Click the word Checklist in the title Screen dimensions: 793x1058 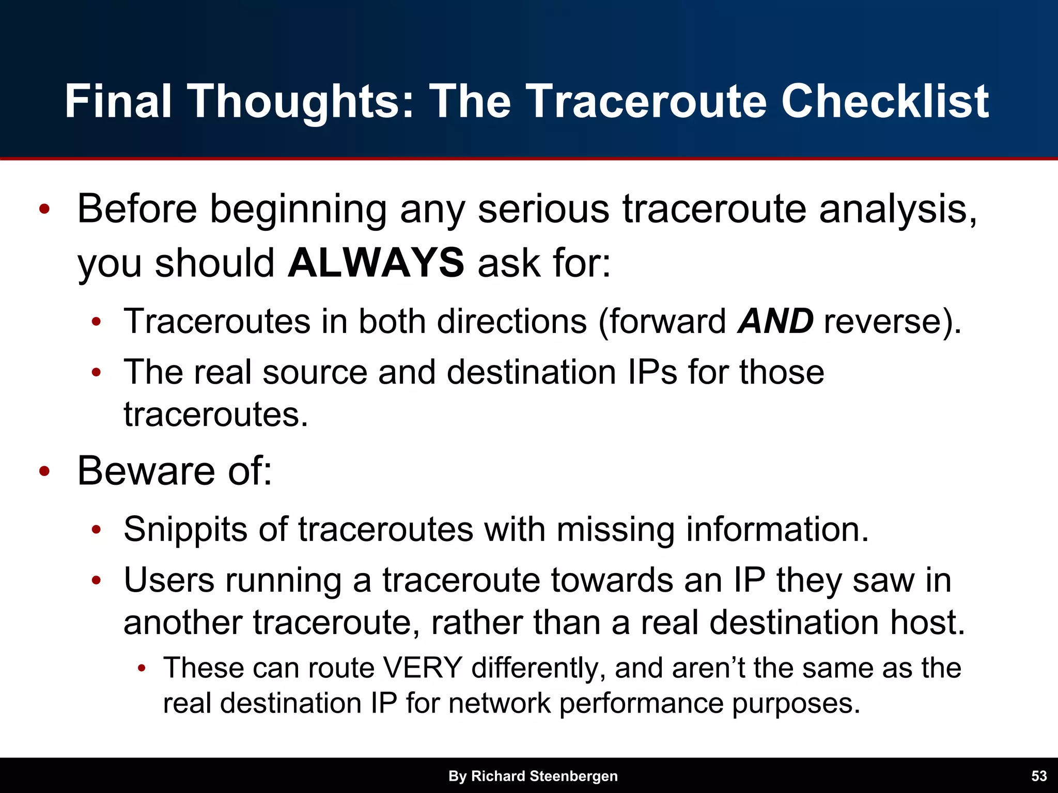click(x=884, y=101)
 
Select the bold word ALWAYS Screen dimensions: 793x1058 click(x=376, y=263)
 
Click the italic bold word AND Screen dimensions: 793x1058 click(x=775, y=321)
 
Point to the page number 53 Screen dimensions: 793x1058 click(x=1039, y=776)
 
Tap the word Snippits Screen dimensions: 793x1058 click(x=185, y=530)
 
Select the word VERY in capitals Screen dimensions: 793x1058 click(x=422, y=668)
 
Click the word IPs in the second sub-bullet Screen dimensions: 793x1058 click(x=652, y=372)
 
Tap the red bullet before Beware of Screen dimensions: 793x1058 click(x=44, y=471)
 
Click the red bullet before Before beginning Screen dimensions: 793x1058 click(x=44, y=210)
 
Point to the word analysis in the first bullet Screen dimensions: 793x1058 click(x=898, y=210)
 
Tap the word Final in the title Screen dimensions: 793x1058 click(x=118, y=101)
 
